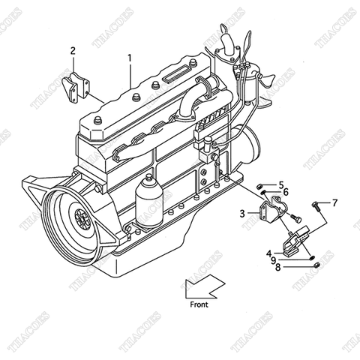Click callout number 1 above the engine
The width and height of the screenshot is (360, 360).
pyautogui.click(x=129, y=58)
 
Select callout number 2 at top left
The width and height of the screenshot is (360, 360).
pyautogui.click(x=73, y=51)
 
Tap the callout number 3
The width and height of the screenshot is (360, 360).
pyautogui.click(x=242, y=214)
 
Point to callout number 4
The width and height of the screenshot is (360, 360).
pyautogui.click(x=268, y=253)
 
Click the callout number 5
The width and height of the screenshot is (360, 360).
pyautogui.click(x=281, y=184)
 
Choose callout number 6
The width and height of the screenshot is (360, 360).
pyautogui.click(x=286, y=192)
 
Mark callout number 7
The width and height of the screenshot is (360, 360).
pyautogui.click(x=335, y=202)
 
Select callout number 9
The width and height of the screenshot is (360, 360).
pyautogui.click(x=273, y=259)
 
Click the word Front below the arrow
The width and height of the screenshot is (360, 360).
pyautogui.click(x=199, y=304)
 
